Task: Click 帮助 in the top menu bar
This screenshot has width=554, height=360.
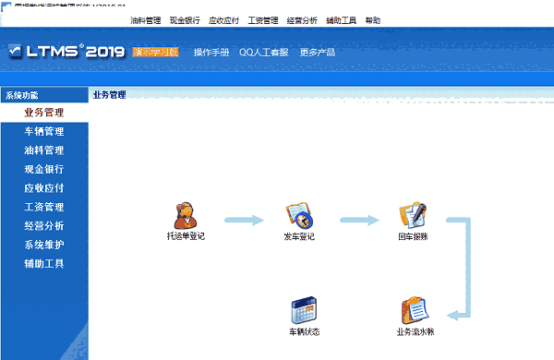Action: [x=372, y=19]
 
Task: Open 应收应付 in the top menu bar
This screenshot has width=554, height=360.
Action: [x=223, y=19]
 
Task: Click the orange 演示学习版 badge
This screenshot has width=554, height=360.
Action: [x=155, y=53]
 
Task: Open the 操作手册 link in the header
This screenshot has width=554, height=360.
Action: [x=211, y=53]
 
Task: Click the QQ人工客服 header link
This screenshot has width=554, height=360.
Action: [x=264, y=53]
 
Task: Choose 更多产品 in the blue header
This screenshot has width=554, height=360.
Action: [x=318, y=53]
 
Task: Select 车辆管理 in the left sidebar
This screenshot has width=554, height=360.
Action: [x=44, y=131]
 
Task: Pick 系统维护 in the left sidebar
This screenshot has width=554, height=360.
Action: [x=44, y=245]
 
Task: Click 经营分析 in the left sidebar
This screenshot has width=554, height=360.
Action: [x=44, y=225]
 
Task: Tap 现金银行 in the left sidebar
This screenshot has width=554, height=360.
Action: [x=44, y=169]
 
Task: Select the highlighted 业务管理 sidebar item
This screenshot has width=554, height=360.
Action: [x=44, y=113]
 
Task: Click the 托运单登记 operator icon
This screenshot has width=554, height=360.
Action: [x=186, y=215]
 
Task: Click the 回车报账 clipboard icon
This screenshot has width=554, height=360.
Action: [x=412, y=215]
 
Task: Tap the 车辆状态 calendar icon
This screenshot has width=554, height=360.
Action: [x=304, y=310]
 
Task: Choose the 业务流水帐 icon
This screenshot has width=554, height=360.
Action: [x=412, y=310]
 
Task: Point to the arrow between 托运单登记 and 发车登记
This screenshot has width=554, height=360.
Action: [x=243, y=221]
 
